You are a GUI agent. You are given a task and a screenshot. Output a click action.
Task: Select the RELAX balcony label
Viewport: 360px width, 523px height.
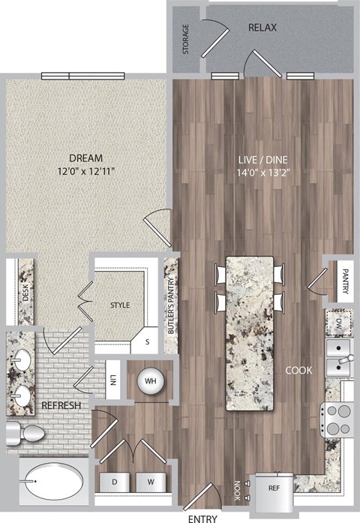coord(262,28)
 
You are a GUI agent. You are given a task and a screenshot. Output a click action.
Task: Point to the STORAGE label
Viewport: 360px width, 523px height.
coord(186,39)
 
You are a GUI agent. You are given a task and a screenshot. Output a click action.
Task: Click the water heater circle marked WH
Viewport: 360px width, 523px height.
coord(150,380)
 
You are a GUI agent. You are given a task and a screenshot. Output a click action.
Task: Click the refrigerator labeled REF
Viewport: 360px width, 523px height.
coord(274,486)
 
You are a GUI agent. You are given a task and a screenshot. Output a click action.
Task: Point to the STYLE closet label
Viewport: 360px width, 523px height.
coord(120,305)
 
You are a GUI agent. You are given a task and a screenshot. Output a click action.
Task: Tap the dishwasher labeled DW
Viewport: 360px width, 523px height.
coord(337,323)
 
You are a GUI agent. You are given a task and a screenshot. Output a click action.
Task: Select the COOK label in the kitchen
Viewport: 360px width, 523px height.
coord(298,370)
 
